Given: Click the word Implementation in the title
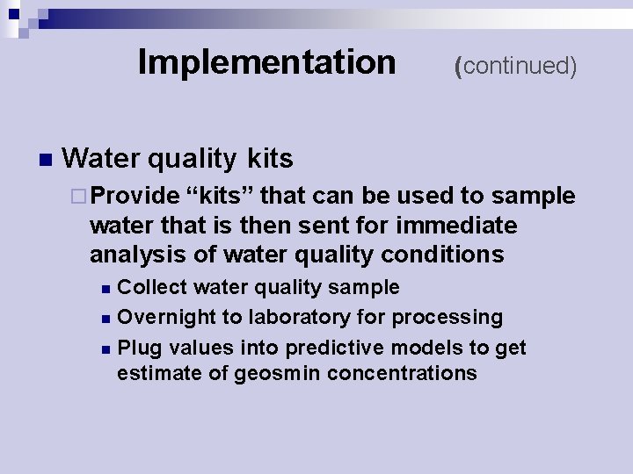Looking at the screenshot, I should click(266, 62).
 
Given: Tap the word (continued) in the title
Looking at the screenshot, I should click(515, 66).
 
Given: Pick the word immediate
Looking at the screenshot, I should click(456, 226).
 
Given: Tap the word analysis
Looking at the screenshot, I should click(133, 255).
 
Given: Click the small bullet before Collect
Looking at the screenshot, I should click(106, 289).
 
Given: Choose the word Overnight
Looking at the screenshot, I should click(165, 317).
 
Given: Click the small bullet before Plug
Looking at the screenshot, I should click(106, 349).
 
